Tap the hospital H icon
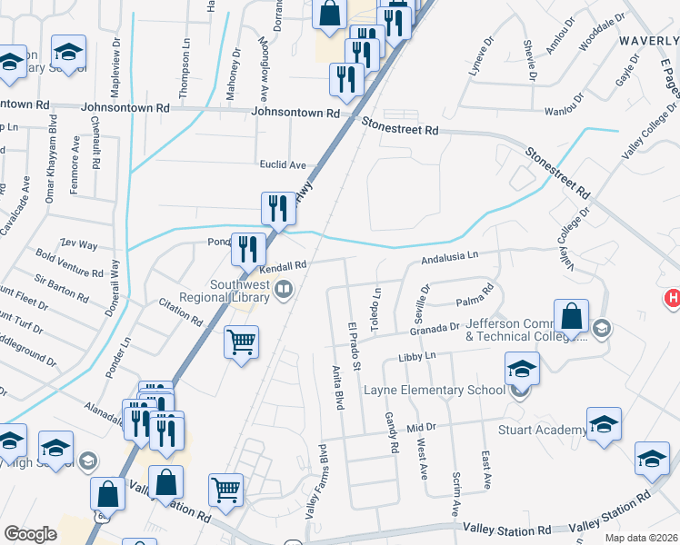click(673, 299)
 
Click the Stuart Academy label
click(542, 430)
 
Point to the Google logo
click(30, 534)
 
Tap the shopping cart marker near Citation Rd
click(242, 343)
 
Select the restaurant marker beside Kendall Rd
click(247, 247)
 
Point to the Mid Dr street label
click(422, 427)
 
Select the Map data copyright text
click(642, 538)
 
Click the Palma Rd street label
click(474, 295)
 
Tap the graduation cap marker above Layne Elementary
click(522, 368)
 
